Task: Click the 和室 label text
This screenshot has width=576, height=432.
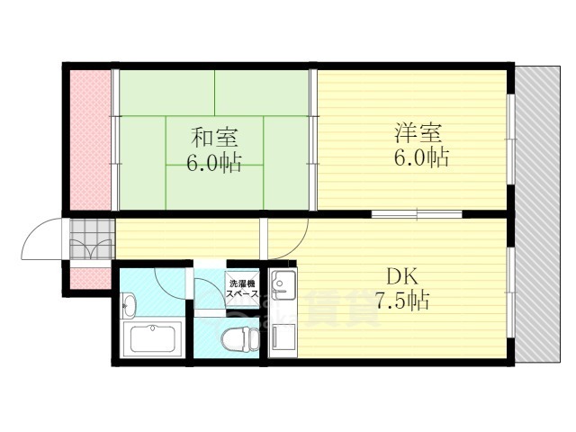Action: pos(213,139)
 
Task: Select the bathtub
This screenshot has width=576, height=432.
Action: pos(155,339)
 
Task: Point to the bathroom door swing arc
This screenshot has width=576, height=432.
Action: pos(166,283)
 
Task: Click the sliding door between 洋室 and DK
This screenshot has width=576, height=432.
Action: pos(416,214)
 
